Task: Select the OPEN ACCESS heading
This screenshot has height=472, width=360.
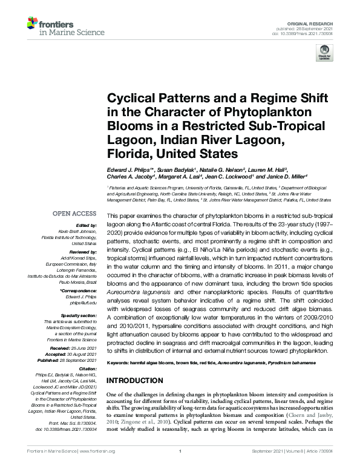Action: (x=75, y=214)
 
